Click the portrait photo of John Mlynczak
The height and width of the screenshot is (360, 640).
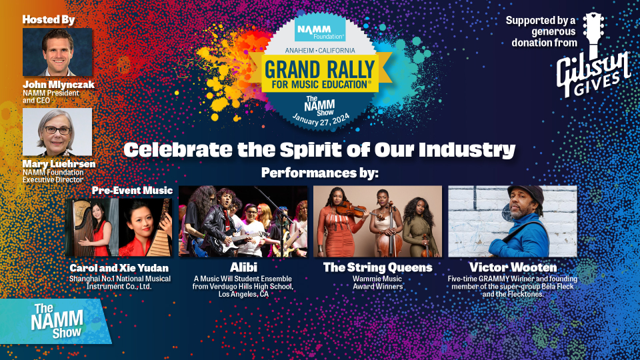[x=57, y=52]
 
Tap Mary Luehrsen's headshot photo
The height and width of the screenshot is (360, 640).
[x=57, y=132]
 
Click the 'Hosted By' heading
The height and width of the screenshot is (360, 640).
[x=49, y=19]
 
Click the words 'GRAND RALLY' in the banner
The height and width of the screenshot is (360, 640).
[x=319, y=70]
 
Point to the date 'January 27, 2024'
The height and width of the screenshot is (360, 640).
[x=321, y=119]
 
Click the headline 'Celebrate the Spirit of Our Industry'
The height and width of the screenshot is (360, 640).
[x=319, y=150]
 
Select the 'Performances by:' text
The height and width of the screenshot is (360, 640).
[x=320, y=173]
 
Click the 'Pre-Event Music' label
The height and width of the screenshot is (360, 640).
[x=132, y=191]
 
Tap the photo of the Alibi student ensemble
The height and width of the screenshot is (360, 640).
[x=243, y=221]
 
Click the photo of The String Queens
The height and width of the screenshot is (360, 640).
[x=377, y=221]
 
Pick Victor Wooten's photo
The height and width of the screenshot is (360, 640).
[x=513, y=221]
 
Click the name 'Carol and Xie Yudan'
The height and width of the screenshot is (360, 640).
[x=119, y=268]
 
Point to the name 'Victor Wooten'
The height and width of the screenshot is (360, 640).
[x=513, y=267]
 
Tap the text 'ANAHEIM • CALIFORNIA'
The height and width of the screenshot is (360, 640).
[x=320, y=51]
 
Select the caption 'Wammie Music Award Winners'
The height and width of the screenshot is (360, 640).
[x=377, y=283]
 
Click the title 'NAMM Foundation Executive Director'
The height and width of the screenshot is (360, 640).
[x=53, y=176]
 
